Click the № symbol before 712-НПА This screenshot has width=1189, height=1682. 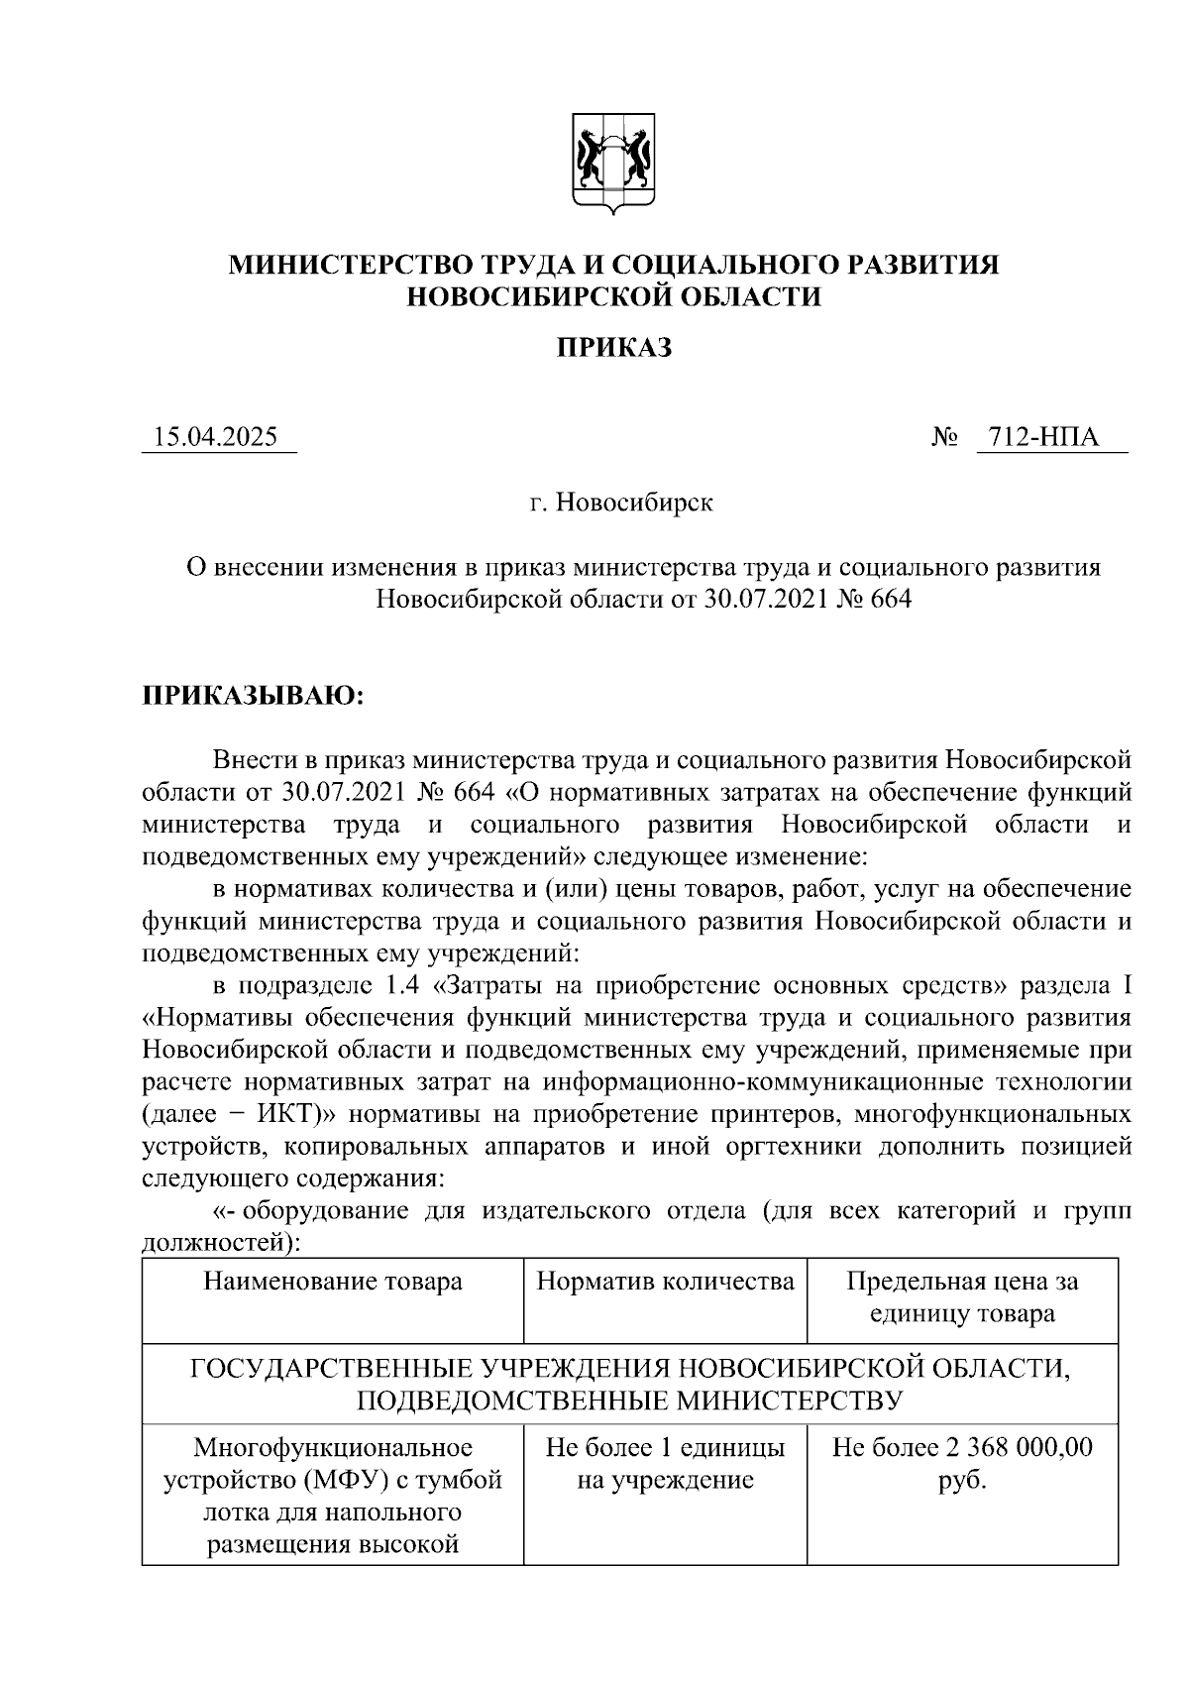pyautogui.click(x=944, y=437)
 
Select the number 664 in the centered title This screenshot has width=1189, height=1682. pyautogui.click(x=889, y=600)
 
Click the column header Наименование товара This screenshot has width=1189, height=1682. pyautogui.click(x=333, y=1282)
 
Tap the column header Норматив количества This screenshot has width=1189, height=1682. pyautogui.click(x=665, y=1282)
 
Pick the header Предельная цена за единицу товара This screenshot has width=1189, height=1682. pyautogui.click(x=961, y=1297)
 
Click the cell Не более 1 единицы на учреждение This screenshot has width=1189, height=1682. pyautogui.click(x=665, y=1464)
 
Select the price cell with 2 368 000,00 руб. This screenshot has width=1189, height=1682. pyautogui.click(x=961, y=1464)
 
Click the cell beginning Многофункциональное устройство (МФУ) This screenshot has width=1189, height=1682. pyautogui.click(x=333, y=1496)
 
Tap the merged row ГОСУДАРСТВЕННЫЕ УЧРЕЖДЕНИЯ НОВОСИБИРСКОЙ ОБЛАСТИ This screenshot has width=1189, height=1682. pyautogui.click(x=630, y=1384)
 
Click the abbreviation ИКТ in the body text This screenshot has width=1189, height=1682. pyautogui.click(x=274, y=1113)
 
